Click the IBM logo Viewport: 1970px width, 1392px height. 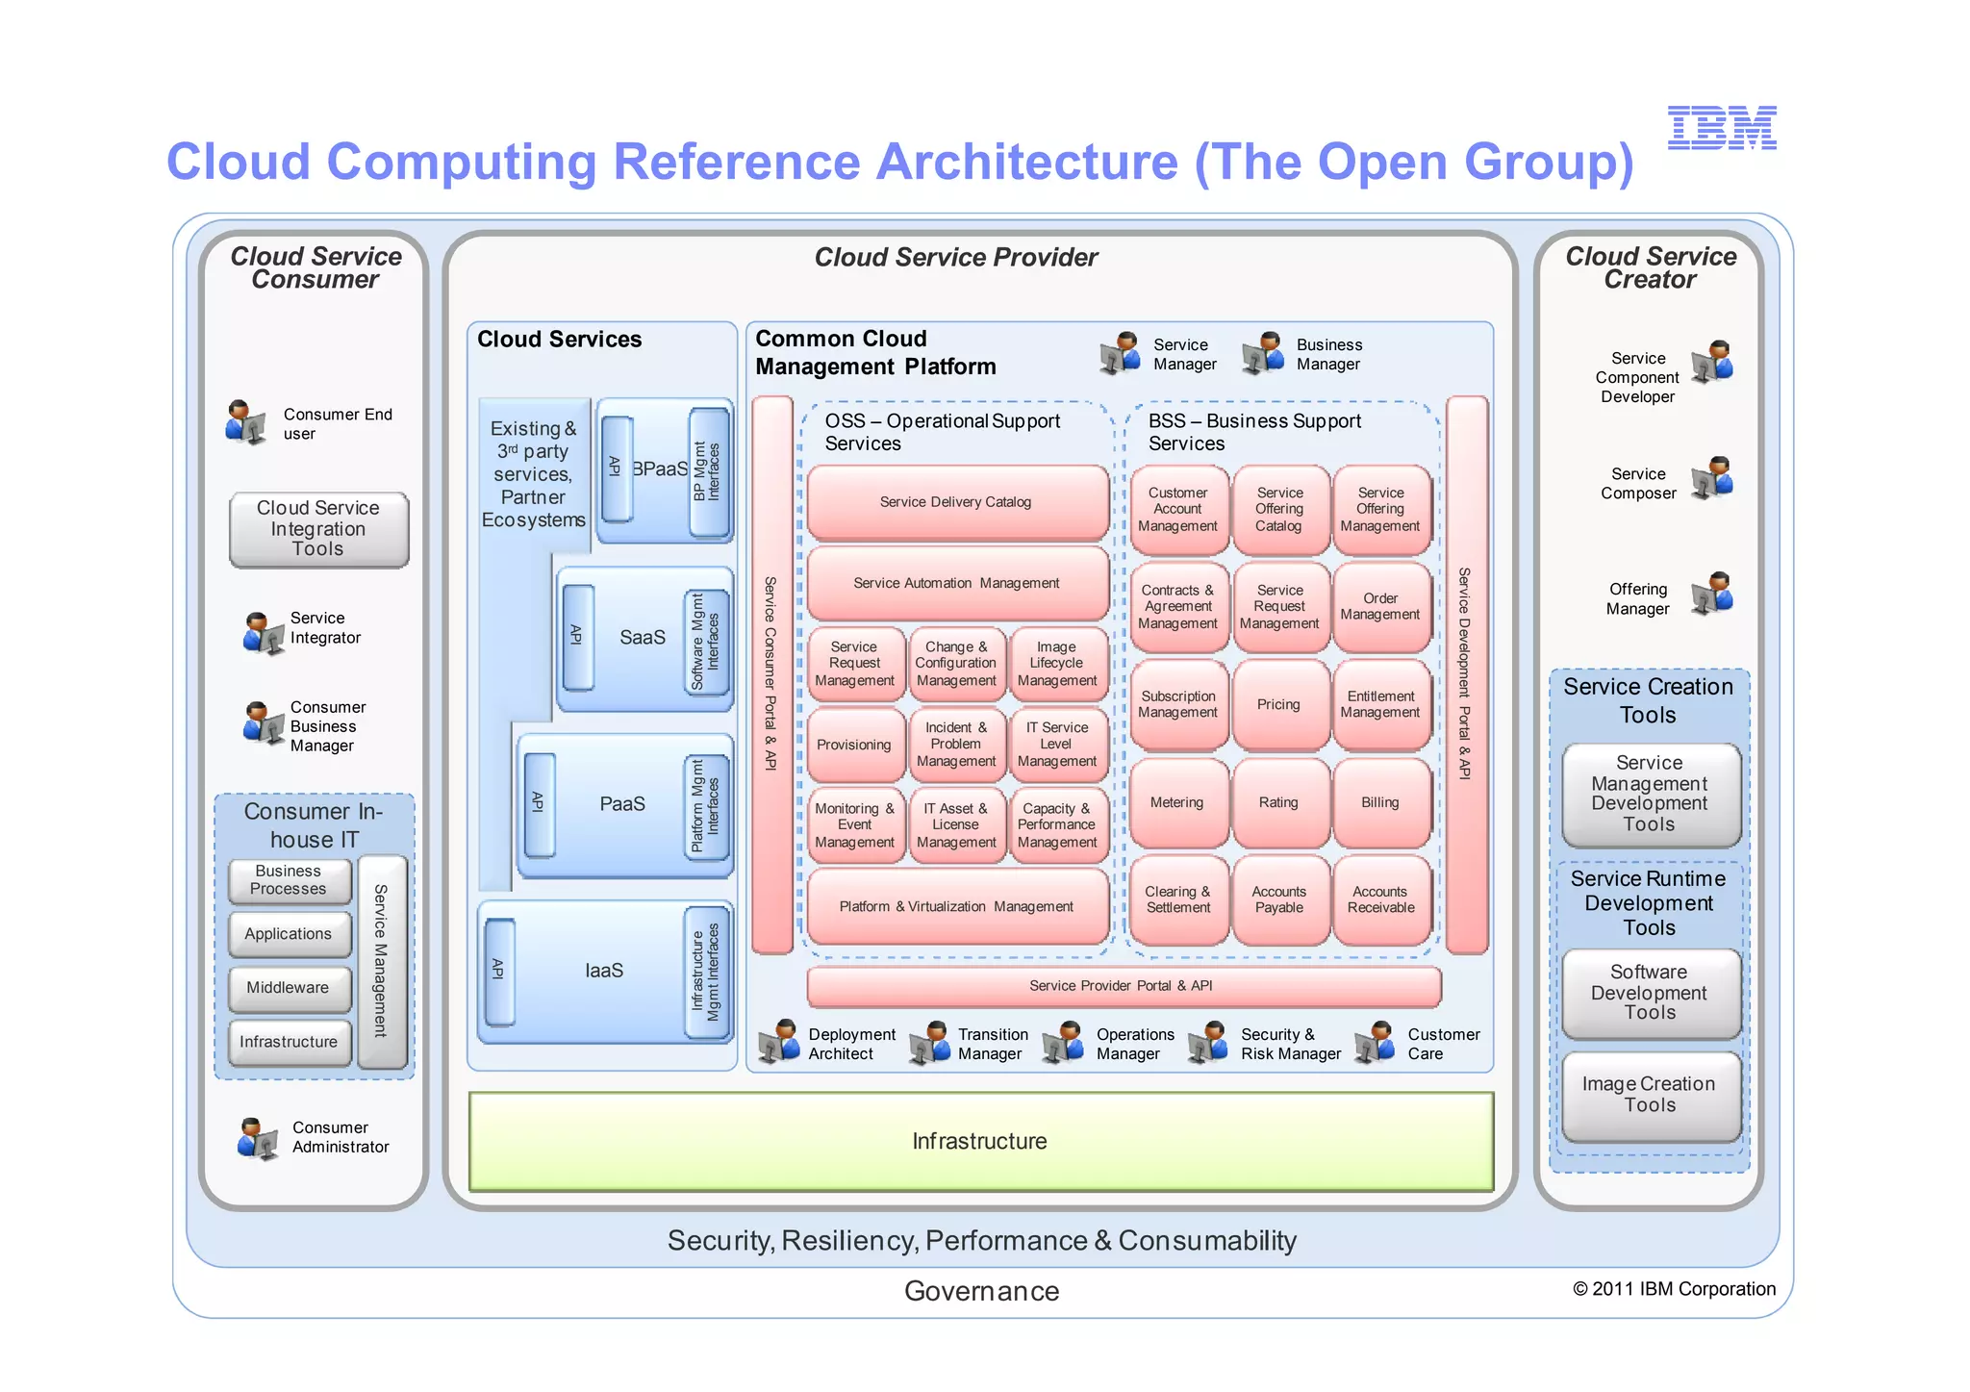click(1721, 128)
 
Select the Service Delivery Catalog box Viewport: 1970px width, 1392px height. click(956, 502)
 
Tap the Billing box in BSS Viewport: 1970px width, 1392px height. click(1380, 802)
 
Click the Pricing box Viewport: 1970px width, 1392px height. click(1278, 704)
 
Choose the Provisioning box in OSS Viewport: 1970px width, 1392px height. click(854, 746)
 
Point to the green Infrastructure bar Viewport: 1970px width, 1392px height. click(980, 1142)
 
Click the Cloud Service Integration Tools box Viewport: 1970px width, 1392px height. click(318, 529)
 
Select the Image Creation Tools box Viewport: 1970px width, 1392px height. click(1650, 1095)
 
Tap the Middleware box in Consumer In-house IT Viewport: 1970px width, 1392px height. click(289, 988)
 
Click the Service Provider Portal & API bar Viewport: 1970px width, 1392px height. click(1122, 986)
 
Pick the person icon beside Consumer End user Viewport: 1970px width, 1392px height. click(246, 422)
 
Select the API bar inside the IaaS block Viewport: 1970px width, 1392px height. click(499, 972)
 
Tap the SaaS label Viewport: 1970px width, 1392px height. click(643, 638)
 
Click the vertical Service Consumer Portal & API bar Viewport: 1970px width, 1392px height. click(771, 673)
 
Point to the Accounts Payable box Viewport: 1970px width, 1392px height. click(1278, 899)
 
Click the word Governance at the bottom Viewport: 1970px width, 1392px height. click(981, 1291)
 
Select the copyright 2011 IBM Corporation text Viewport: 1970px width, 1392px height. click(1674, 1289)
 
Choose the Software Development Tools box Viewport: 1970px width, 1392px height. click(1650, 993)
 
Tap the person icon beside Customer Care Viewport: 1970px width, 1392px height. click(1376, 1043)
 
